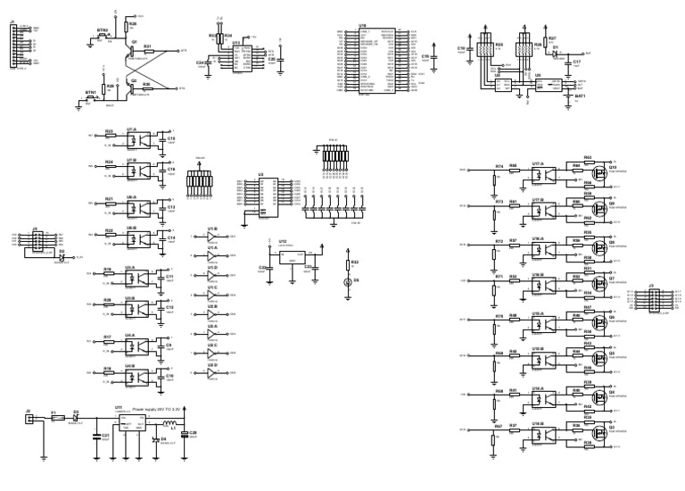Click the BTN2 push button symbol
100,36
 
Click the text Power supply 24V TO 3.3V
157,410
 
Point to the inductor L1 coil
166,422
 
